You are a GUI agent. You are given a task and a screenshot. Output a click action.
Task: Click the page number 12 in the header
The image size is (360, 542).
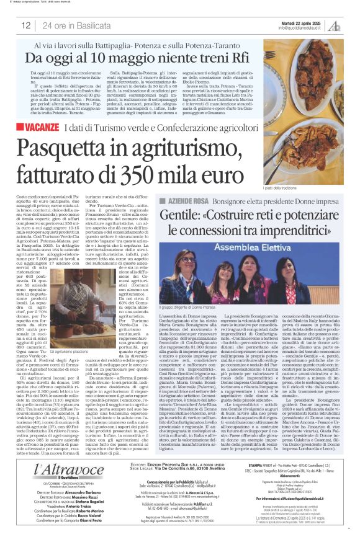26,25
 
